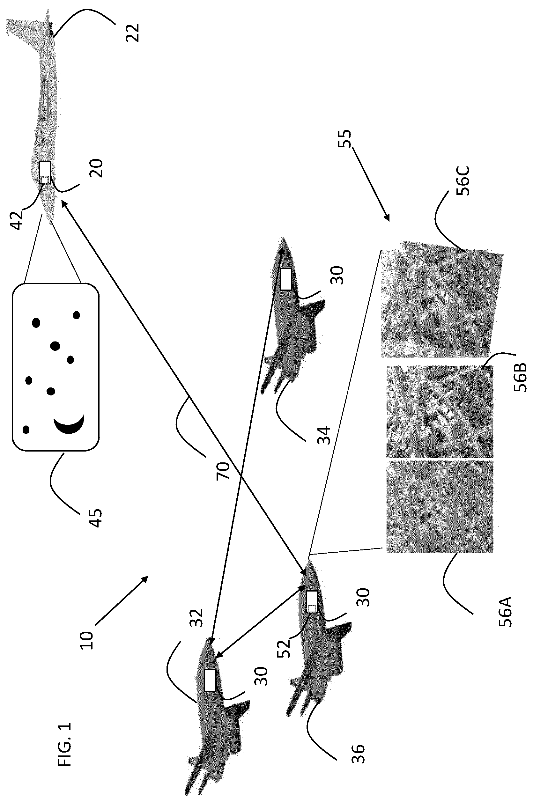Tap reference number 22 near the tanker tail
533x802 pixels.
coord(133,33)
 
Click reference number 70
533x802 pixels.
coord(223,470)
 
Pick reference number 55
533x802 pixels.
coord(345,138)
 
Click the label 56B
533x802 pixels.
coord(520,377)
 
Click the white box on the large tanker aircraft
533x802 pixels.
coord(45,172)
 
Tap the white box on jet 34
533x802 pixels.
coord(286,279)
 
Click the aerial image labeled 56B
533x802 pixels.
coord(440,411)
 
